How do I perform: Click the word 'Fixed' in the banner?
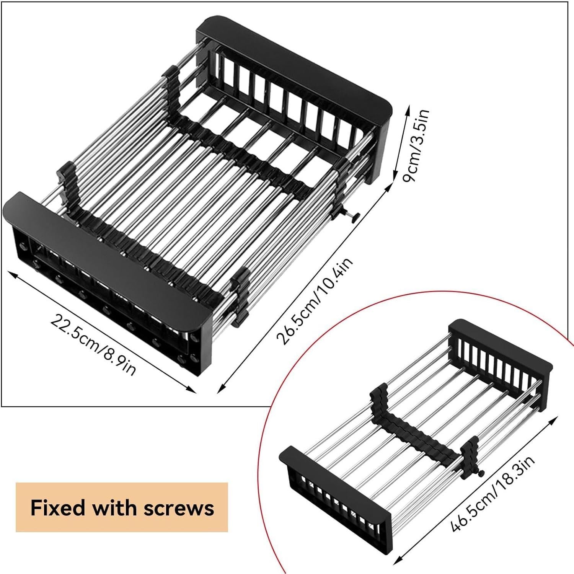click(57, 508)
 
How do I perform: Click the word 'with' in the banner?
click(115, 508)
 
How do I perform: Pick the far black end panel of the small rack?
click(501, 344)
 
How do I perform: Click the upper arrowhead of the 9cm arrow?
click(408, 108)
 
